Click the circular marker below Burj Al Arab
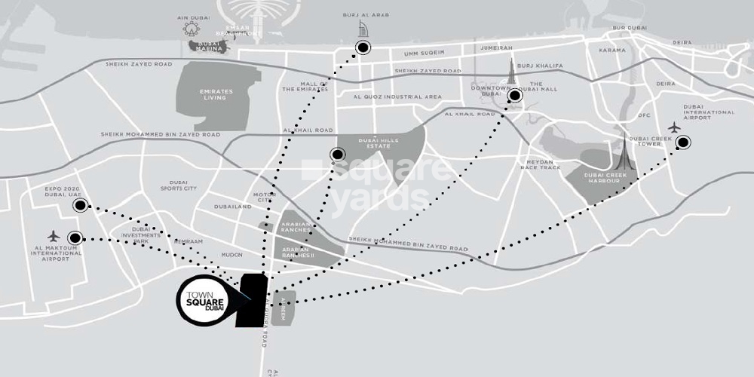click(363, 48)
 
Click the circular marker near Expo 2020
click(79, 204)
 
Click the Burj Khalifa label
click(541, 66)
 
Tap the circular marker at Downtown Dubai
click(516, 95)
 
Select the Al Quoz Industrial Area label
click(397, 97)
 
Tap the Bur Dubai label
click(630, 29)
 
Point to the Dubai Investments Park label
click(148, 234)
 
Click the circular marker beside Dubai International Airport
click(683, 142)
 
